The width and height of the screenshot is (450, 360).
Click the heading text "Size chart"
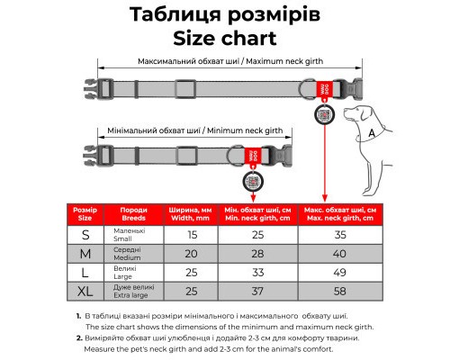[225, 39]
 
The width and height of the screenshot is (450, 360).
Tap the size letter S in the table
[85, 234]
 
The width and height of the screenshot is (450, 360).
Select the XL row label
[85, 291]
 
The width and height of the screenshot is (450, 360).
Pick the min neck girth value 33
[257, 272]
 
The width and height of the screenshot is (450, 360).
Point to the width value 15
[192, 234]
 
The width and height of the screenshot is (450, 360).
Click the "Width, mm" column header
[192, 213]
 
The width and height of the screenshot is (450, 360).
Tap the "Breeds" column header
[132, 213]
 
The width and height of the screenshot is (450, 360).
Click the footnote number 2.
[79, 337]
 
